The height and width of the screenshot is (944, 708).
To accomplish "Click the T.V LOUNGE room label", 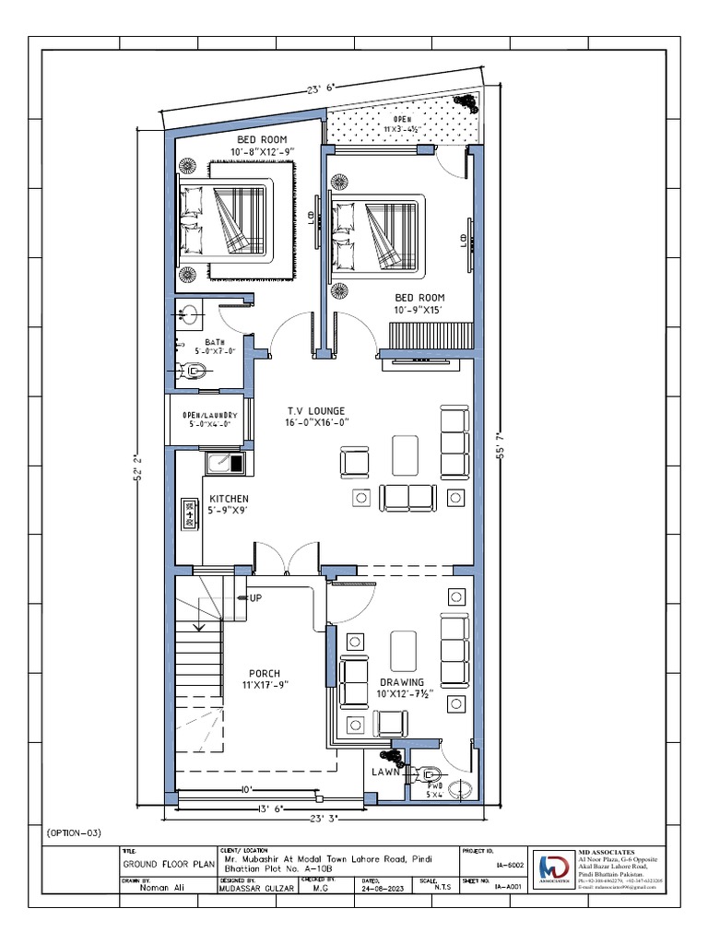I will click(317, 411).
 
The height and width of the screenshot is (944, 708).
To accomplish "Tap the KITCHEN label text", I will click(229, 499).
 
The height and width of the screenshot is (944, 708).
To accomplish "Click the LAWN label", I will click(384, 772).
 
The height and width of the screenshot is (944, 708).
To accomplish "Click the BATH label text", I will click(214, 342).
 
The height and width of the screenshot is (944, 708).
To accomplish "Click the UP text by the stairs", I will click(254, 598).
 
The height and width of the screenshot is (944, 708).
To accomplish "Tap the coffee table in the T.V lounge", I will click(405, 453).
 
